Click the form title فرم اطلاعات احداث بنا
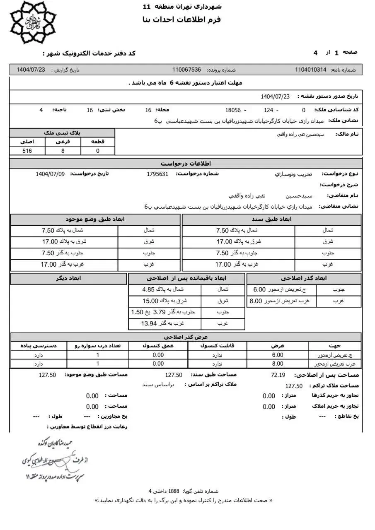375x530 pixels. tap(181, 20)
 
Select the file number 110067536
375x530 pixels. tap(186, 70)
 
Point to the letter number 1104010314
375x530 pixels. tap(311, 70)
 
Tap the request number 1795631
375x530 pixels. tap(157, 174)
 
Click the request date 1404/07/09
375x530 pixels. tap(50, 174)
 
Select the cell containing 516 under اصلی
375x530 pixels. tap(27, 151)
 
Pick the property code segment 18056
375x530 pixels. tap(233, 110)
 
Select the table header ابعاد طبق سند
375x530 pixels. tap(271, 219)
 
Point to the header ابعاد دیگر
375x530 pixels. tap(68, 278)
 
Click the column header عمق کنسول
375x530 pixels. tap(158, 346)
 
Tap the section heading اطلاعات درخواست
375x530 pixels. tap(186, 163)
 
